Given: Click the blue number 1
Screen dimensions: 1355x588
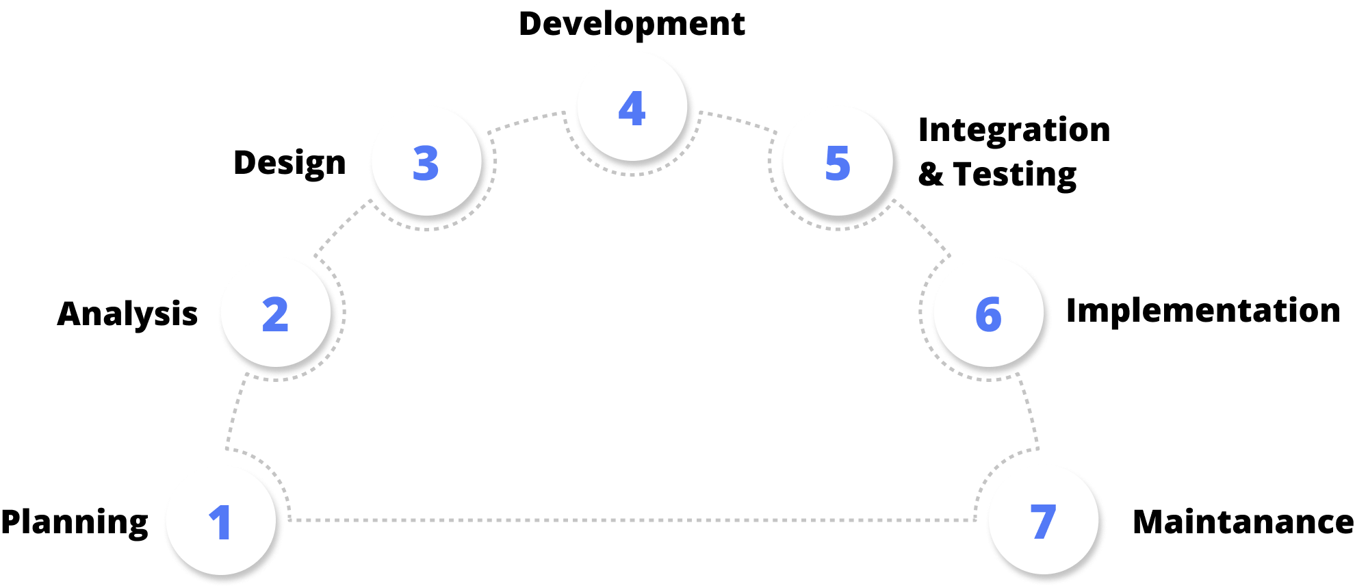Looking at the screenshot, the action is pos(220,522).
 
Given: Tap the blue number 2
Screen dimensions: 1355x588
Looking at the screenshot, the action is pos(275,314).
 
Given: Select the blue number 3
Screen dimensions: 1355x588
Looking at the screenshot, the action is pos(426,163).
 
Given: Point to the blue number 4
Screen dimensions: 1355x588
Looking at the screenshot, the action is pos(632,108).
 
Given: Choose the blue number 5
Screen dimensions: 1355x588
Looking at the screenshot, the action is pos(838,163).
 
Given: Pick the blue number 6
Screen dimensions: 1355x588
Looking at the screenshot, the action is pos(988,314).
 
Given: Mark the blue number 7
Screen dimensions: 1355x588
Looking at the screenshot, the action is pos(1043,522).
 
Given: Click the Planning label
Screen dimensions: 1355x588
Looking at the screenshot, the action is pos(75,523).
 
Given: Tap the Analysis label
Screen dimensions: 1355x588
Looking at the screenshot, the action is pos(127,315).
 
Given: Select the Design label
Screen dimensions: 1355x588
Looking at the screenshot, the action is pos(289,164).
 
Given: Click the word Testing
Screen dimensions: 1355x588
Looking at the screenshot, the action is pos(1015,175).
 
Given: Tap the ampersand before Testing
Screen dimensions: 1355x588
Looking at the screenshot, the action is pos(931,174).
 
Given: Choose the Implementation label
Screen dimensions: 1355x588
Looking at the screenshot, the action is pos(1203,311).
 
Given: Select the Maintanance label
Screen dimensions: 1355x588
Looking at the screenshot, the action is pos(1243,522).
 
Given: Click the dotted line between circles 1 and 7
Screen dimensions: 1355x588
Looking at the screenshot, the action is pos(632,520).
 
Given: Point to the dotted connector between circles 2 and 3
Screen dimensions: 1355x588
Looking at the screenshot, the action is pos(342,228).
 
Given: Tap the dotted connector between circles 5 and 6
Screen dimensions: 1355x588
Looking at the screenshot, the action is pos(922,228).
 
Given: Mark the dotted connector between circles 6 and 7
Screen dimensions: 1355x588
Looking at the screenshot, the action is pos(1029,411).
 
